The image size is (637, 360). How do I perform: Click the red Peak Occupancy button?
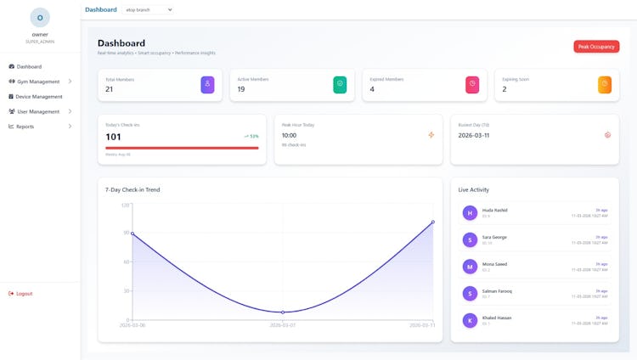point(596,47)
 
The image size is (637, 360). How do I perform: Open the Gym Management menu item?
point(38,82)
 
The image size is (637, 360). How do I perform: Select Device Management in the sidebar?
point(39,97)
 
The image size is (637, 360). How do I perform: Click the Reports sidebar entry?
point(25,127)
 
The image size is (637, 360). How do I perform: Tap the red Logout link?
point(24,294)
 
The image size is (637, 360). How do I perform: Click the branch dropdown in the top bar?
point(149,9)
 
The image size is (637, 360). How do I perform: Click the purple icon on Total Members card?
point(207,84)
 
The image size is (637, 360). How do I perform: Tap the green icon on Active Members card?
point(340,84)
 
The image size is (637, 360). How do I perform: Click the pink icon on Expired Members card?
point(472,84)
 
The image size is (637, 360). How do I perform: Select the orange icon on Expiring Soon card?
point(605,84)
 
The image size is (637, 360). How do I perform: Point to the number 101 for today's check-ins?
point(113,137)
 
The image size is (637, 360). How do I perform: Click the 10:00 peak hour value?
point(289,135)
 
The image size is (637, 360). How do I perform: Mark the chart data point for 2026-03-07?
point(283,312)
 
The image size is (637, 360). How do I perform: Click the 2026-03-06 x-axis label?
point(132,325)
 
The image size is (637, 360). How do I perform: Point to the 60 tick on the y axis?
point(126,262)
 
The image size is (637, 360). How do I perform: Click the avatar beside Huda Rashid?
point(470,213)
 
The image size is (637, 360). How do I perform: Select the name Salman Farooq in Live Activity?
point(498,291)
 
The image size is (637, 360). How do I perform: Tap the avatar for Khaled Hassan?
point(470,320)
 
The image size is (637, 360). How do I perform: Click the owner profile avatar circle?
point(40,18)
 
